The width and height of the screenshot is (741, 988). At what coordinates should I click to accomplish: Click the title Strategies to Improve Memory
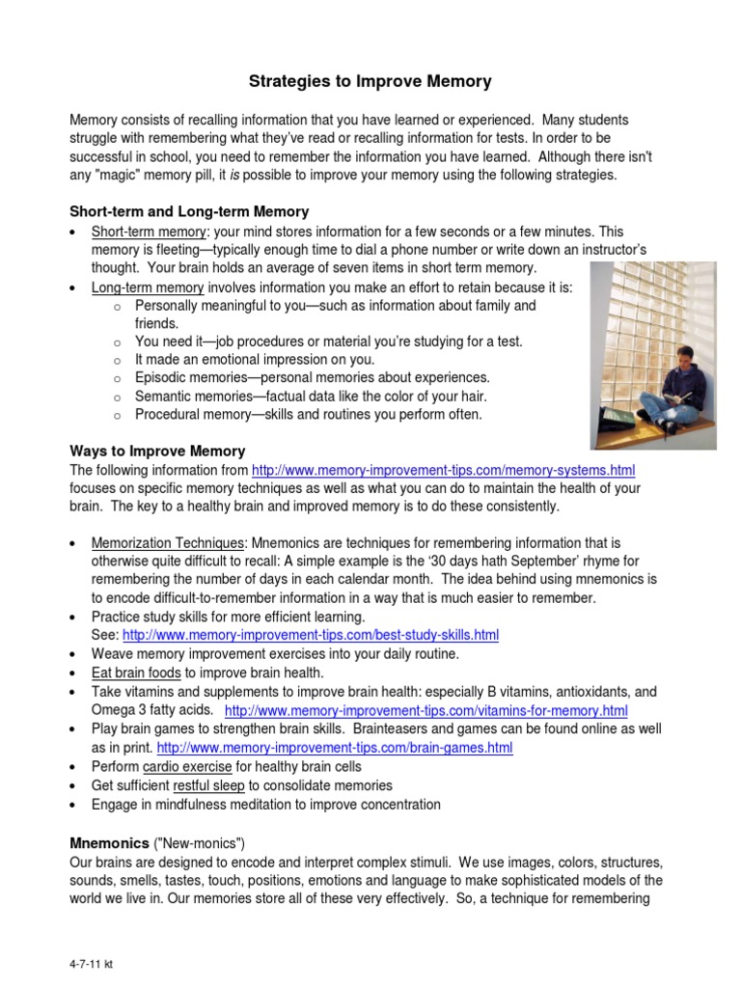(370, 82)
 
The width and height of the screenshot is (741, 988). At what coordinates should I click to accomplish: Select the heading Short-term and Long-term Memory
(189, 211)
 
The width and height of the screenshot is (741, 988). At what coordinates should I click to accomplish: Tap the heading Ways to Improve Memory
(157, 451)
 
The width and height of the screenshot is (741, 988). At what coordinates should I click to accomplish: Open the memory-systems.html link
(443, 470)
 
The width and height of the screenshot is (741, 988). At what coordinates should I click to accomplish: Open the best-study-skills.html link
(311, 635)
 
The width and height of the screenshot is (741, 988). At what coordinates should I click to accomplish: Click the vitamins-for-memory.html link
(425, 711)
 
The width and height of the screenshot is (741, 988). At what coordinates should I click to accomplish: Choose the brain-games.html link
(335, 748)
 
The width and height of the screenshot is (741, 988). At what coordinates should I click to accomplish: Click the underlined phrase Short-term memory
(149, 232)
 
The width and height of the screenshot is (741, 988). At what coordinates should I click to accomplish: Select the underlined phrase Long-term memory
(148, 288)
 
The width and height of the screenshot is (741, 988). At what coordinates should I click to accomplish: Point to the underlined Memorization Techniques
(169, 542)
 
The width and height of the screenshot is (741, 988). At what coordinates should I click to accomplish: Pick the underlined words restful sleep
(209, 785)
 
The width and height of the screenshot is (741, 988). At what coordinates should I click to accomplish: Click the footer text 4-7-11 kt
(92, 963)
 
